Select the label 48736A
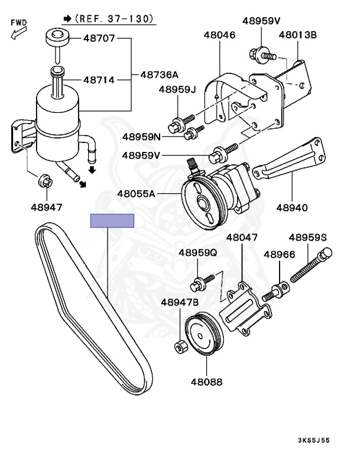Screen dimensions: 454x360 click(159, 75)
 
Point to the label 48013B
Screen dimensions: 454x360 click(297, 35)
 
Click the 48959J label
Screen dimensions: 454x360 click(176, 90)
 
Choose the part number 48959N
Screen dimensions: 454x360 click(141, 137)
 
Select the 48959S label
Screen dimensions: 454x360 click(307, 238)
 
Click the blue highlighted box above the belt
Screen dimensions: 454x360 click(112, 221)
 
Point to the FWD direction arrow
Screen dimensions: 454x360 click(16, 33)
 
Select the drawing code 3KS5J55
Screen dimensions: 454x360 click(330, 440)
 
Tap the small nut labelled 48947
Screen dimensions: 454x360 click(44, 181)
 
